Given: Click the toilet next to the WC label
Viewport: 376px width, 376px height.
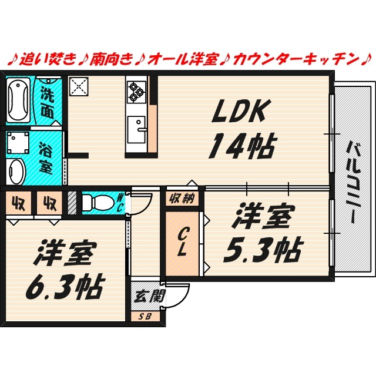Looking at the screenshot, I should pyautogui.click(x=98, y=203).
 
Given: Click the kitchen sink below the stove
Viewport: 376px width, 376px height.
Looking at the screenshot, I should pyautogui.click(x=139, y=128).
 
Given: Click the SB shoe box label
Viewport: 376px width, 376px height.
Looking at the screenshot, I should pyautogui.click(x=144, y=316).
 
